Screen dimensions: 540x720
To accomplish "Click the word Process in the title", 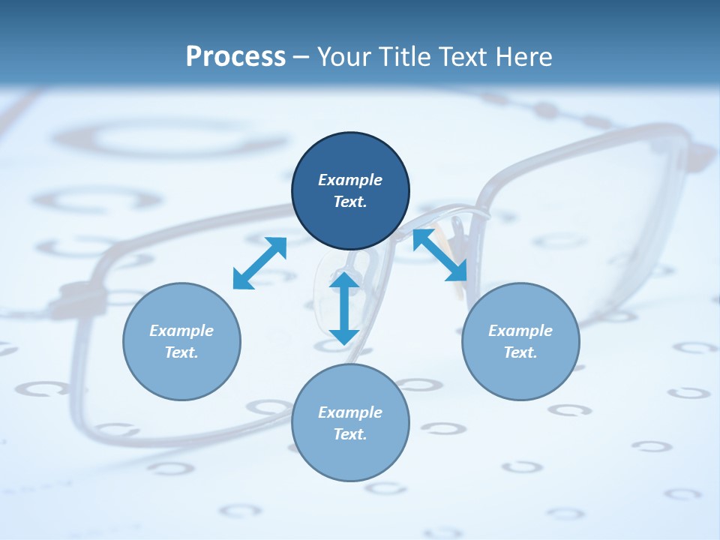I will [235, 57].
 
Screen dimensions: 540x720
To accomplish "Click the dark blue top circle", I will [350, 217].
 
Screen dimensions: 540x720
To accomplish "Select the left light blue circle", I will [181, 375].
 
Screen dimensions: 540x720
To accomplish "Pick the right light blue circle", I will [520, 375].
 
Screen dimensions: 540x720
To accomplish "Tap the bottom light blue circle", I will [350, 457].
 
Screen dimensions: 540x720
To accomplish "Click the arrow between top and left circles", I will [259, 263].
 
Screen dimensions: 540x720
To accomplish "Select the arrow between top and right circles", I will [439, 255].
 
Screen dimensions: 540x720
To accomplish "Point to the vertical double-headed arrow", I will [344, 308].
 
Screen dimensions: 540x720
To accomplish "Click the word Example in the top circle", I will [350, 180].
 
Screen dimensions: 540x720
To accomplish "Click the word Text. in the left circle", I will [181, 352].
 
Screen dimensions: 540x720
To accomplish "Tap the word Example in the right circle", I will [520, 331].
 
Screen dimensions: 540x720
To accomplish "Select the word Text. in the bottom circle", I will [350, 434].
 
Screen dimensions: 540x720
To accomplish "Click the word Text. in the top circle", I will [350, 202].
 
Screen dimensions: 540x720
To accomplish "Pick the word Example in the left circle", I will [181, 331].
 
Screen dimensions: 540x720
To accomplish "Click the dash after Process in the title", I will [301, 58].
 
